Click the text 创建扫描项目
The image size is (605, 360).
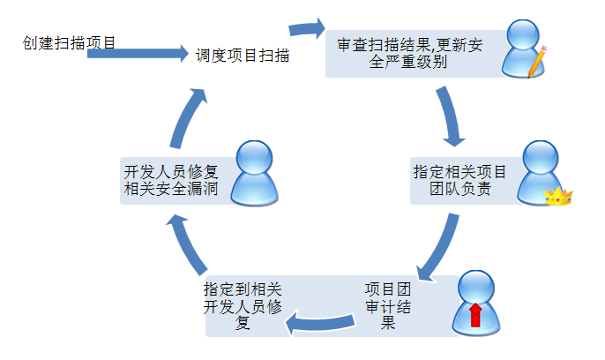tap(70, 41)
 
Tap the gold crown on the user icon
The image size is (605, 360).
tap(558, 196)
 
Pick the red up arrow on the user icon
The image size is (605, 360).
tap(475, 313)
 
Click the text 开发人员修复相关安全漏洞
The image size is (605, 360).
tap(176, 180)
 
